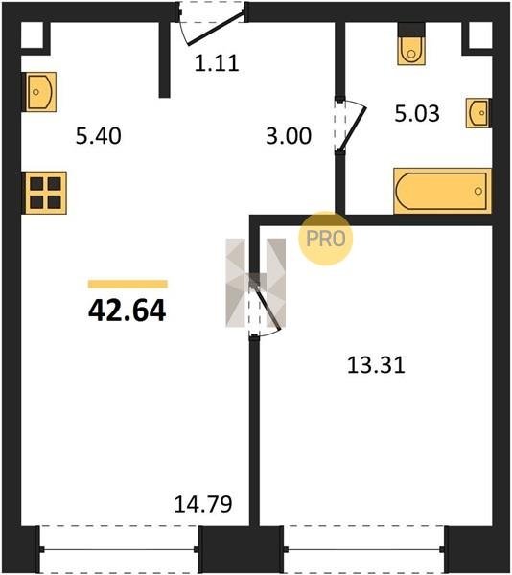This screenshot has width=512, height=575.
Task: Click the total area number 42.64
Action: pos(127,310)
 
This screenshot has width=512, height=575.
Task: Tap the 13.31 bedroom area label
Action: pos(376,366)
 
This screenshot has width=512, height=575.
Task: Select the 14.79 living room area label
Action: pos(203,504)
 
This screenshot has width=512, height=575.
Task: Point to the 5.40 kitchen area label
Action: pos(99,136)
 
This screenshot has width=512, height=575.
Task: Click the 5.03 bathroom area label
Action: pos(417,113)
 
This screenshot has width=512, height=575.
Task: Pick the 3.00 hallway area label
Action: pos(289,136)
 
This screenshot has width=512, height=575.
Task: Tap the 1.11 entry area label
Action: pos(217,63)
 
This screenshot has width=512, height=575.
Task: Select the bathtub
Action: pos(442,191)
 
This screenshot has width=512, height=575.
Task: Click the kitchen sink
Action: pos(40,92)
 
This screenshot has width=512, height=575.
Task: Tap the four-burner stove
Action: pos(45,193)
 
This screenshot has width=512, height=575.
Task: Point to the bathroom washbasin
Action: pos(478,113)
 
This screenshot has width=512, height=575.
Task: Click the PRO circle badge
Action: pos(325,239)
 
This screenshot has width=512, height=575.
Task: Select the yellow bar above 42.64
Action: pos(128,284)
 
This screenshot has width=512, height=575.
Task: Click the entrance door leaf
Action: pos(216,29)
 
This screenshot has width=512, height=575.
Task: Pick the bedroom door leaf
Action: pos(266,303)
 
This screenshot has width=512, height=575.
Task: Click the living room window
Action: pos(119,549)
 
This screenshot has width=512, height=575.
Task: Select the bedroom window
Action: pos(363,549)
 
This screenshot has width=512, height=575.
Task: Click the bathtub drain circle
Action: pos(477,191)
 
